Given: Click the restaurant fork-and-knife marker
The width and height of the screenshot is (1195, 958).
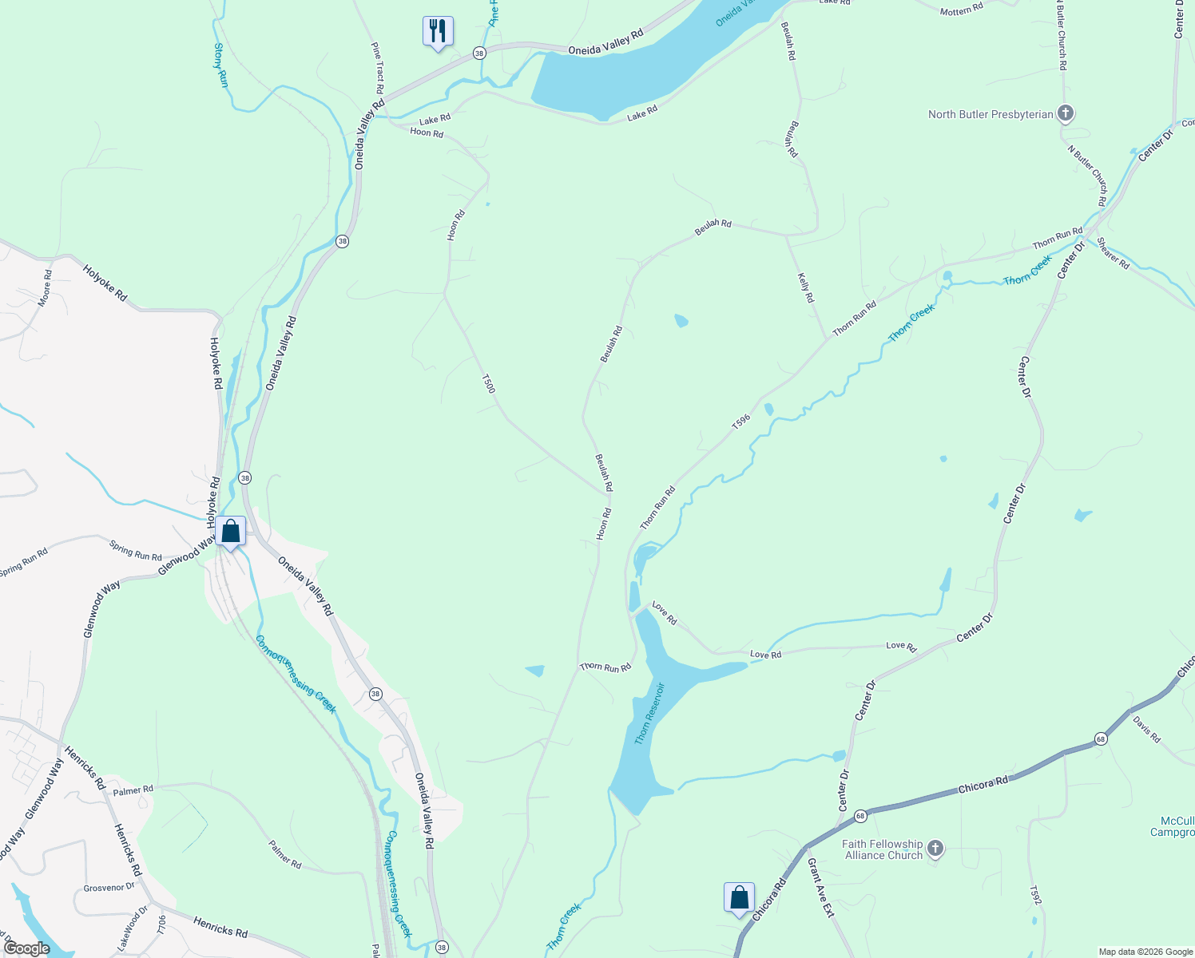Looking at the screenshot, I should (438, 31).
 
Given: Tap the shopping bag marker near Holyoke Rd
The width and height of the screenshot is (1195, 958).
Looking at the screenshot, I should (230, 531).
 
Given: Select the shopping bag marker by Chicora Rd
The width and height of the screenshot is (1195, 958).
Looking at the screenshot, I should (739, 897).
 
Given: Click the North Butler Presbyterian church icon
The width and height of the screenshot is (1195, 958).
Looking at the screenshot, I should (1065, 113).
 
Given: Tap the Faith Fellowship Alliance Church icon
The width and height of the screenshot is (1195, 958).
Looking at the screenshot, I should (935, 849).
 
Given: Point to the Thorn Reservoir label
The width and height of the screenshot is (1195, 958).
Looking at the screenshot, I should (649, 713).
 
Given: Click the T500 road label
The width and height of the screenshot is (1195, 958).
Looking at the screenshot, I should (489, 383).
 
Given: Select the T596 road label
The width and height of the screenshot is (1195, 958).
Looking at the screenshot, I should (740, 421).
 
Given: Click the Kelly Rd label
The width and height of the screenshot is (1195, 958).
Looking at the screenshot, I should (806, 287).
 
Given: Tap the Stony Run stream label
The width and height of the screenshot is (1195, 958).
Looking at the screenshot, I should (220, 65).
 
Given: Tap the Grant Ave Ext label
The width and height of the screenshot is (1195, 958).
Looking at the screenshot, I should (820, 886).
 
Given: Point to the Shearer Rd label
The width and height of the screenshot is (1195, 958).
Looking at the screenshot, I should (1113, 253).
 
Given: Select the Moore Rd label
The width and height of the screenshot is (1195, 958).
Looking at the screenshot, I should (46, 287).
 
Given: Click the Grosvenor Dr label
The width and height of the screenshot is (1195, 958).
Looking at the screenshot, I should (109, 887).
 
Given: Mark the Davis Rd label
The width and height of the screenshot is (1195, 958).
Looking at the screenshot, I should (1147, 730).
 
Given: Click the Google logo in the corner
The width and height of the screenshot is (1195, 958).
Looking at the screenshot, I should (27, 948).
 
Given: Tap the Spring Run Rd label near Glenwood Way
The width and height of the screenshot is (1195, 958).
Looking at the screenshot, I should (135, 550).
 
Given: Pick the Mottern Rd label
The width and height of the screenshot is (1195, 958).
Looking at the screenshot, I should (961, 10).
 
